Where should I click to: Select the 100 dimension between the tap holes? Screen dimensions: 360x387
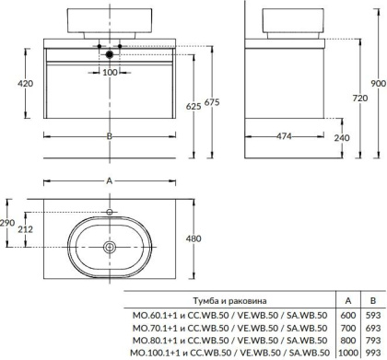tap(111, 71)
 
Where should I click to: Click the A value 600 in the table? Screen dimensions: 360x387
tap(346, 314)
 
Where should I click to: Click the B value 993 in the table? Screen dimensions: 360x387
tap(370, 353)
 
